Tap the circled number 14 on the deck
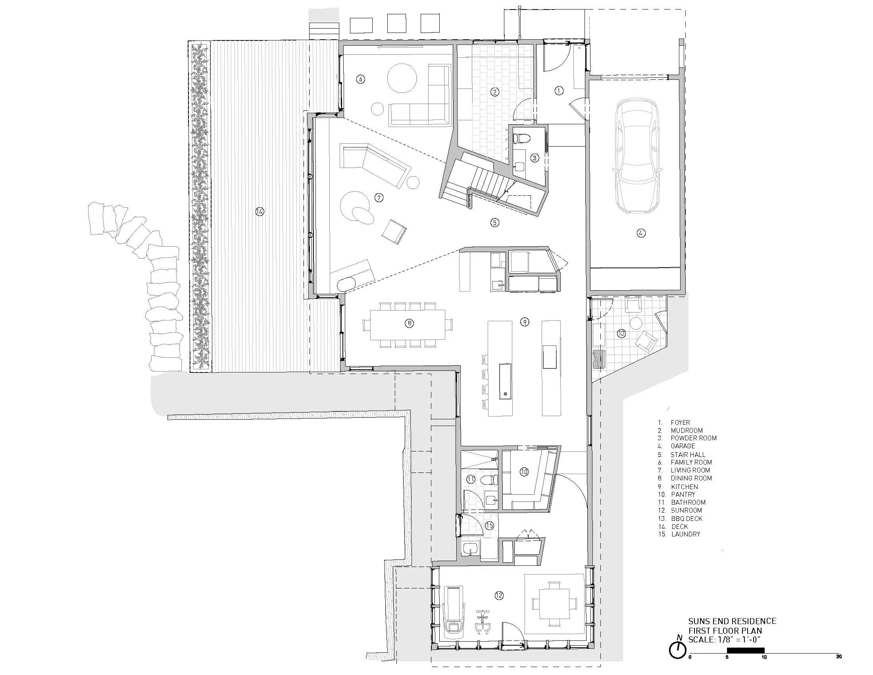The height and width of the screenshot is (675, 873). click(260, 211)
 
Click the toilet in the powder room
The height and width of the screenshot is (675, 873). click(521, 138)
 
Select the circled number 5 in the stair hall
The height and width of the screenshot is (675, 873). click(495, 222)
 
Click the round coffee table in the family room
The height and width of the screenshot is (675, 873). click(402, 78)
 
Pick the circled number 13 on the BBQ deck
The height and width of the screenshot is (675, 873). click(621, 333)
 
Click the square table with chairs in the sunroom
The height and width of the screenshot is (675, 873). click(554, 613)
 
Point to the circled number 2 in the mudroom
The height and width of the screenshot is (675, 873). click(495, 92)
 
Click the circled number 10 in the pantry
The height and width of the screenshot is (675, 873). click(524, 472)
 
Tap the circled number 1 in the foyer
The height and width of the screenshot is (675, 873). click(559, 91)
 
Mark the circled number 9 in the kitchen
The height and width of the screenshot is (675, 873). click(525, 322)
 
